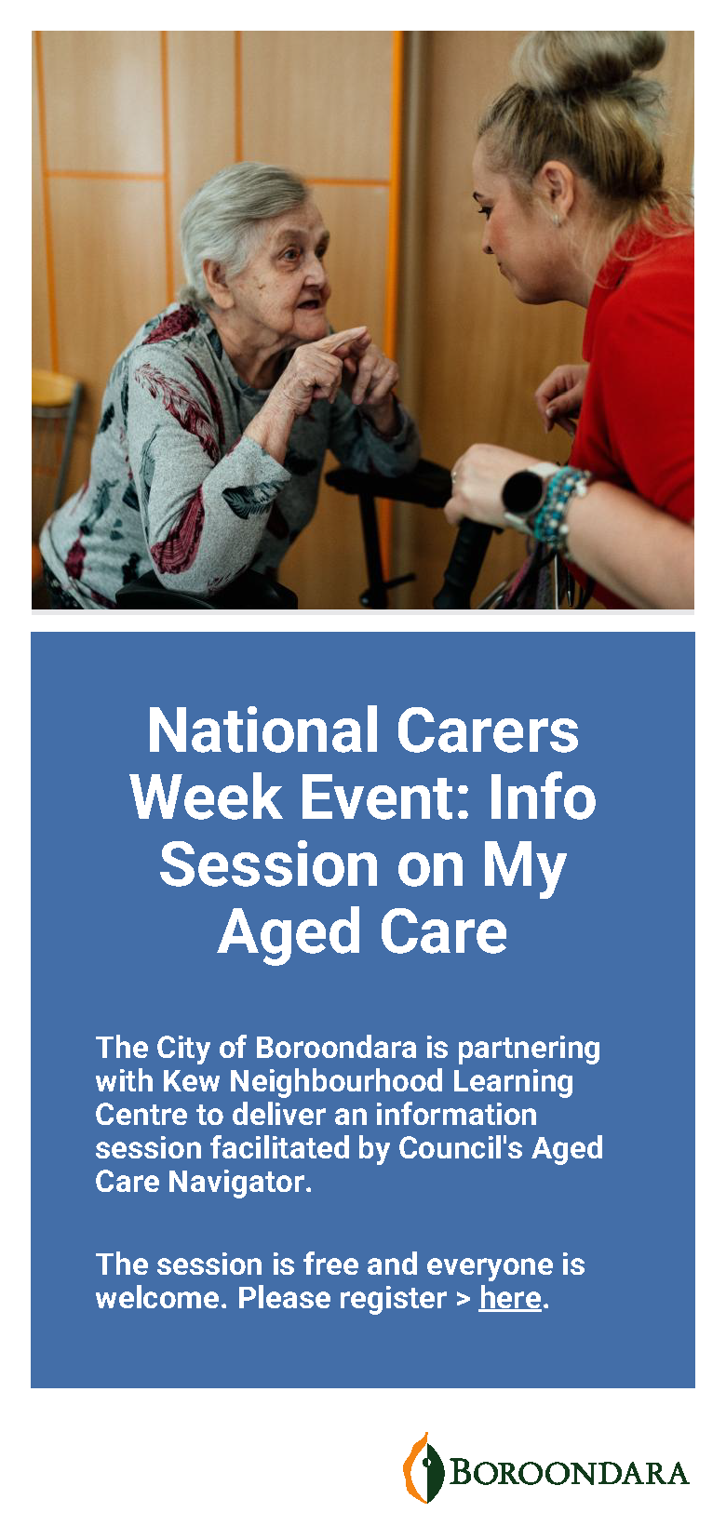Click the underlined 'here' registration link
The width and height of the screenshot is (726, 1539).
510,1298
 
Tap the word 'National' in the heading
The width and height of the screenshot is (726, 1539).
263,730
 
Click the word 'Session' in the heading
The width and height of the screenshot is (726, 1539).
269,864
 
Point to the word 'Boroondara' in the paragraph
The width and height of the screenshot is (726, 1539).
336,1048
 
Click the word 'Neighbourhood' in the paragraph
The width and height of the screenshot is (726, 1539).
336,1081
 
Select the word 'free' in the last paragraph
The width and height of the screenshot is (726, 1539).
331,1265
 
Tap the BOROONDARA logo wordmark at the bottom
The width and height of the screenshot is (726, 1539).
569,1473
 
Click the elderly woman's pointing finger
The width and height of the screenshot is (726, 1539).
346,339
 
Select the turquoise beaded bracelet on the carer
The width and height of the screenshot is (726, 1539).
562,508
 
